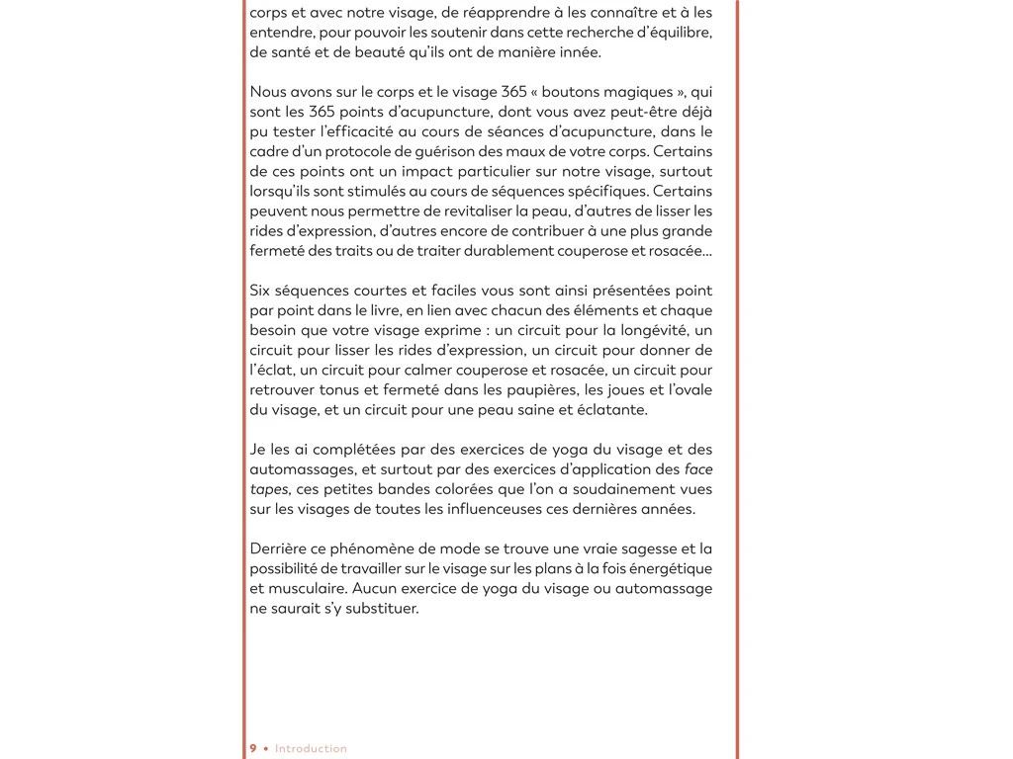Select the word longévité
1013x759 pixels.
click(655, 330)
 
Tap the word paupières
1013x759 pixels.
click(540, 389)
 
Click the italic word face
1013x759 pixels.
click(697, 469)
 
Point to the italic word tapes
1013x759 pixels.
click(268, 489)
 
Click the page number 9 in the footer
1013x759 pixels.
click(253, 748)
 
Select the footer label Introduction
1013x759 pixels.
click(311, 748)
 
